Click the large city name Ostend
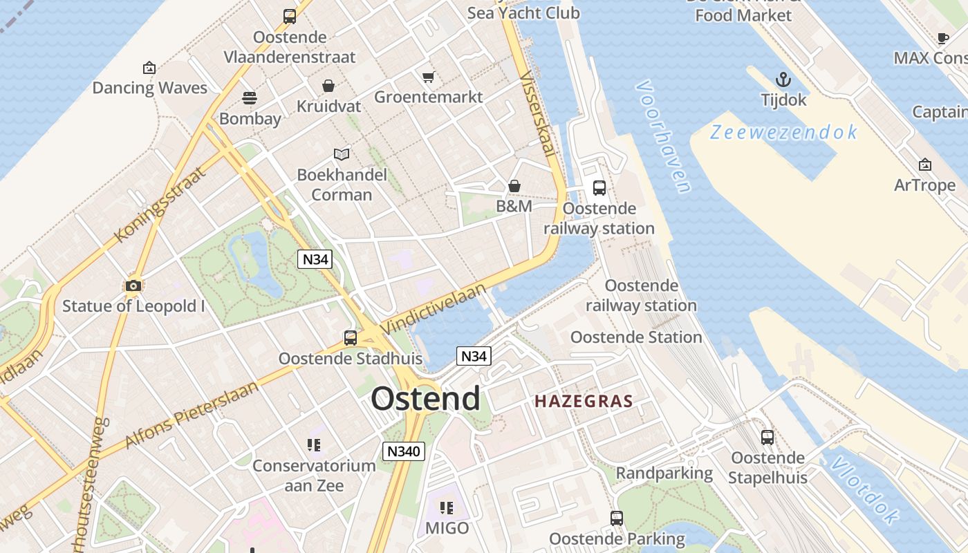pos(425,399)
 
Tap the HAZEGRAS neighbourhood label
pos(584,401)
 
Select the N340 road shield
pos(404,451)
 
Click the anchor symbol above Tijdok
pos(783,79)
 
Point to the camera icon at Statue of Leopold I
pos(133,285)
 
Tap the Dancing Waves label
pos(149,88)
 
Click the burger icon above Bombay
pos(250,98)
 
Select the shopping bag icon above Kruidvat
pos(328,86)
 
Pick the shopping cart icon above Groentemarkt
pos(428,77)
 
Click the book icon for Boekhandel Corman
pos(342,154)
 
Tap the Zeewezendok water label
pos(784,132)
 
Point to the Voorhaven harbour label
pos(663,136)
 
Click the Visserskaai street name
pos(538,114)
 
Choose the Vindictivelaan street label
pos(434,308)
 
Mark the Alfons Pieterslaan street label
pos(192,414)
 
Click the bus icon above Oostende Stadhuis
pos(351,338)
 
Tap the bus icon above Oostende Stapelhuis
pos(767,438)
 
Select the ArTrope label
pos(924,185)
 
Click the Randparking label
pos(664,474)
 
